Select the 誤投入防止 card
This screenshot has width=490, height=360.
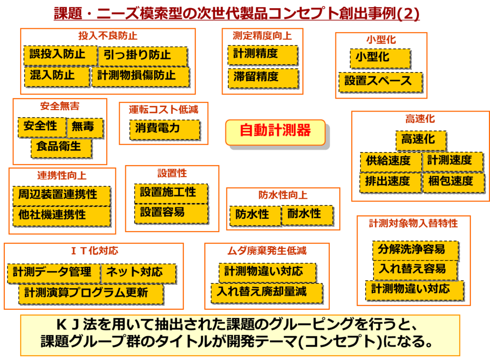[x=60, y=55]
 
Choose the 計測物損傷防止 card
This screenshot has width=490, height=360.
[x=140, y=76]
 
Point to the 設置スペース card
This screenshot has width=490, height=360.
[x=380, y=81]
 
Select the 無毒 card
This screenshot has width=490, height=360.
[x=85, y=127]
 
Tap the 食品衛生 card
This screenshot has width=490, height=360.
[x=62, y=147]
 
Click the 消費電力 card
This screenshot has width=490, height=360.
[x=164, y=129]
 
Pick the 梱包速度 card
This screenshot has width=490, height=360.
[x=452, y=182]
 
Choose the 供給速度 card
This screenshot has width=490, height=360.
[x=390, y=162]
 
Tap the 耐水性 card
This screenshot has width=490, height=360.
[x=307, y=215]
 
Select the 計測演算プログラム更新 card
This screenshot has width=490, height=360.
[x=91, y=293]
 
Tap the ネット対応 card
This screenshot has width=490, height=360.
[x=138, y=273]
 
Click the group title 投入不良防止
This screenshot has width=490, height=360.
[x=108, y=36]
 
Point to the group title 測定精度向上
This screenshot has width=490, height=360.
[x=262, y=36]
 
